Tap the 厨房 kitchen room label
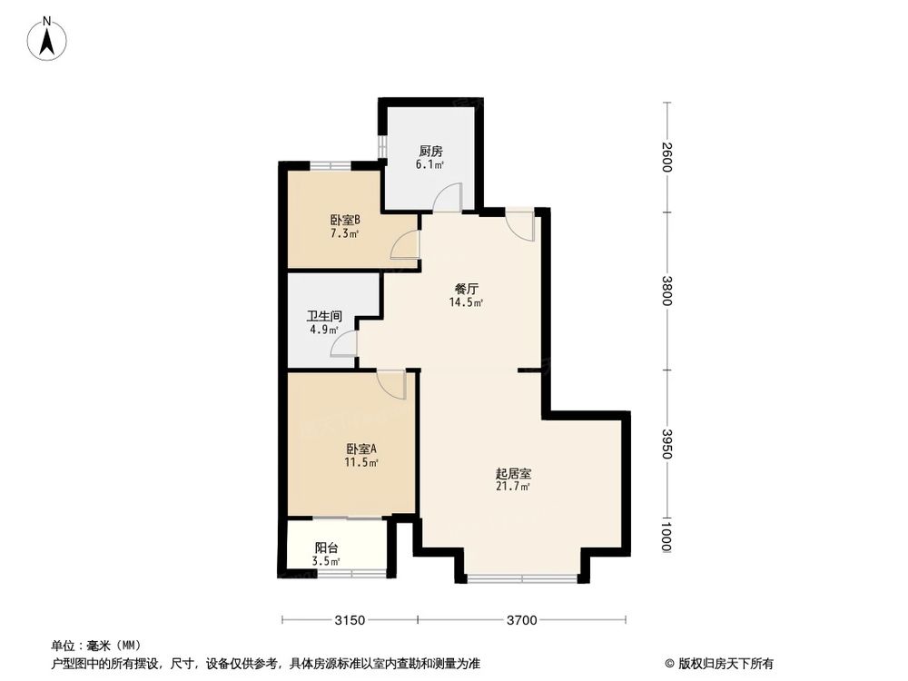[431, 152]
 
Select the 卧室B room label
[345, 220]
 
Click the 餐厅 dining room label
[466, 290]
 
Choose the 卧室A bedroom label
[360, 449]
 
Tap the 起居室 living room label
[513, 474]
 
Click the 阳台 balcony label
[327, 548]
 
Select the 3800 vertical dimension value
[667, 291]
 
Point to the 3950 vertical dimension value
[667, 444]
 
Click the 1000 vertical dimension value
[667, 533]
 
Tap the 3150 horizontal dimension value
[350, 621]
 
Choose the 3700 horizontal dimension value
[521, 621]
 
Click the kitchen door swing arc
[449, 197]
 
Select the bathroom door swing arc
[345, 342]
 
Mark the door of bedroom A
[391, 384]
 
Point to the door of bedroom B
[405, 245]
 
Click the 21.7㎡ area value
[513, 487]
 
